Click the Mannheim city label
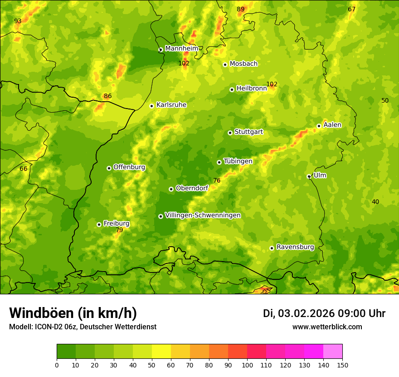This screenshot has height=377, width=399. (182, 49)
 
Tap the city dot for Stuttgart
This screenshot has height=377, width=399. (230, 133)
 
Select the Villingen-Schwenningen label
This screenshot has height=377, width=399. (203, 215)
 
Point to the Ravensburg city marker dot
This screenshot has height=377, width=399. (272, 248)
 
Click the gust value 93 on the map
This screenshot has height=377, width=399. (18, 21)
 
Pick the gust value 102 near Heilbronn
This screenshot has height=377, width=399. (272, 84)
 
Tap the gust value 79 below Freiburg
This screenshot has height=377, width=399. (119, 230)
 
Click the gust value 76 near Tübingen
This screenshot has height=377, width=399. (217, 181)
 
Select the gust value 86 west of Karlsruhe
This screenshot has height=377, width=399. (107, 96)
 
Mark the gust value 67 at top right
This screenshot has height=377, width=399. (352, 10)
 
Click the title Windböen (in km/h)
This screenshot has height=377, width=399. (73, 313)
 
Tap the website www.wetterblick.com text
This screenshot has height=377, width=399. (327, 327)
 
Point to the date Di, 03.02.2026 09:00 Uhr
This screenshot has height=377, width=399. (324, 313)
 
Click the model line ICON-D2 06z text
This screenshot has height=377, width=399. (83, 327)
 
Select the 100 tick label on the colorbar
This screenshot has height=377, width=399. (247, 365)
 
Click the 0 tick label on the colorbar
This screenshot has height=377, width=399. (57, 365)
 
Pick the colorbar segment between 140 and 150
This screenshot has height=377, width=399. (333, 352)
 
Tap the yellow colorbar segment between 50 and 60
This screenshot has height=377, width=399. (161, 352)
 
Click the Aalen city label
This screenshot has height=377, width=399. (332, 125)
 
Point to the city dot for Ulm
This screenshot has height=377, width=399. (309, 176)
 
